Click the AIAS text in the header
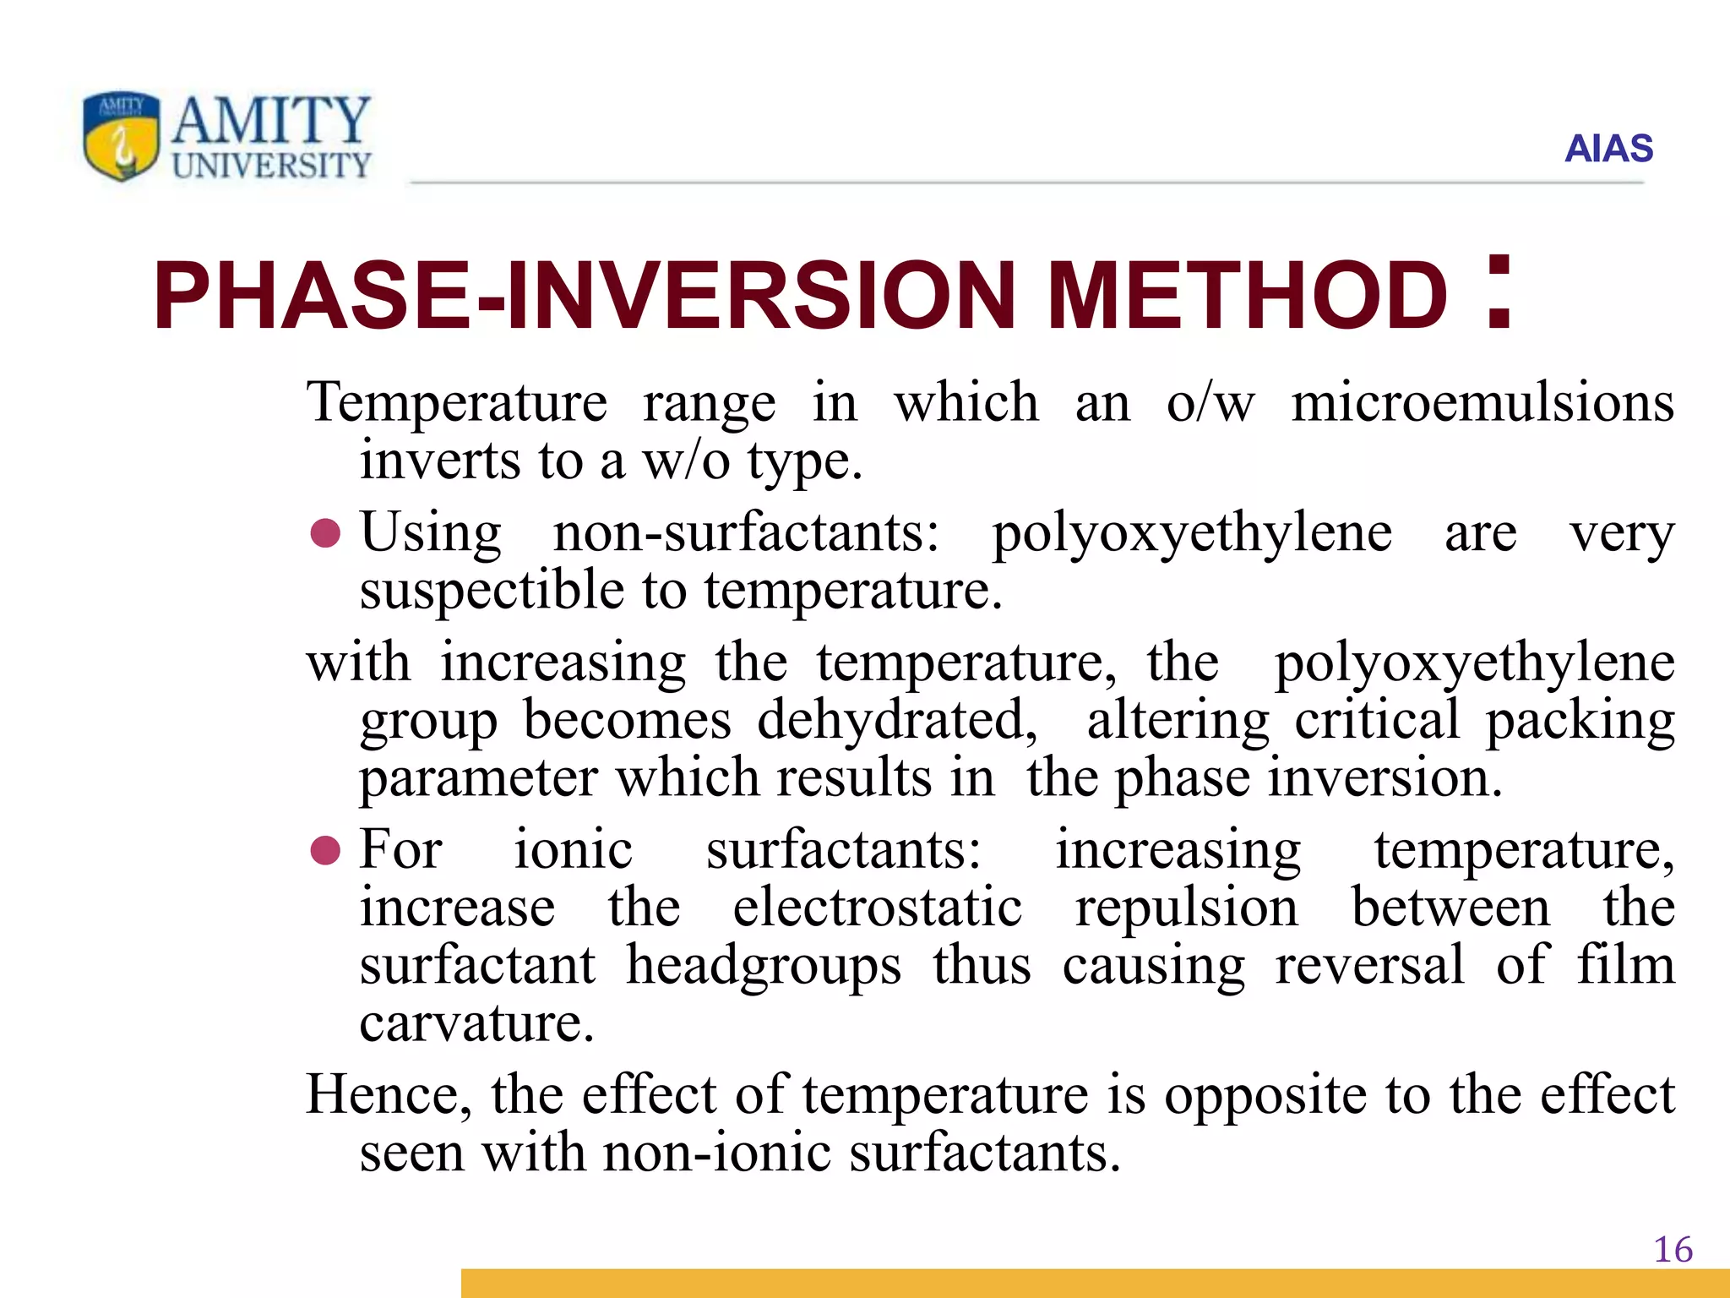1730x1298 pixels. click(1608, 149)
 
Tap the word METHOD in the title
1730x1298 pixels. click(1247, 296)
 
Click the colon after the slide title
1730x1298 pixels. click(1499, 292)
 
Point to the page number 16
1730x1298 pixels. click(1673, 1250)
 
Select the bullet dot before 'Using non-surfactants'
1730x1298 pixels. click(325, 533)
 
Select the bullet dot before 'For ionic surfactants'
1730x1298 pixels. click(325, 850)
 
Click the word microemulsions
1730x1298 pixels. click(1482, 402)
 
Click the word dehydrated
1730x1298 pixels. click(896, 720)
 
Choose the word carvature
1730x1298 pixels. click(476, 1023)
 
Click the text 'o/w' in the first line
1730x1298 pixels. click(1210, 402)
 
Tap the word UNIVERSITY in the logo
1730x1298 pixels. click(271, 166)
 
